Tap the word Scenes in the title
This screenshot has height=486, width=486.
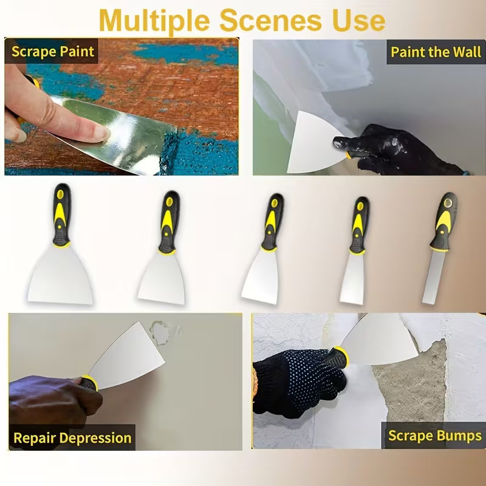point(270,21)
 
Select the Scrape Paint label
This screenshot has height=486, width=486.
point(52,52)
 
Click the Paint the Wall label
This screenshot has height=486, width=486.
point(436,52)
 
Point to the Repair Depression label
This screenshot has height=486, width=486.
point(72,438)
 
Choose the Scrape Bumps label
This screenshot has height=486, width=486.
point(435,436)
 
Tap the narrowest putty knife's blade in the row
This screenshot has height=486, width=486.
point(433,277)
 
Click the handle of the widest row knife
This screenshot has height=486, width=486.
point(62,215)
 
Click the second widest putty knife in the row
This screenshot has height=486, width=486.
point(163,247)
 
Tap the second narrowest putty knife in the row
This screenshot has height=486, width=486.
point(355,250)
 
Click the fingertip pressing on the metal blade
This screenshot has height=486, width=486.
point(101,132)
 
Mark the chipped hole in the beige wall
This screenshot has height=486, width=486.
point(160,333)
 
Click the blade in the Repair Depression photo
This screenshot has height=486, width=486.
point(127,357)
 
